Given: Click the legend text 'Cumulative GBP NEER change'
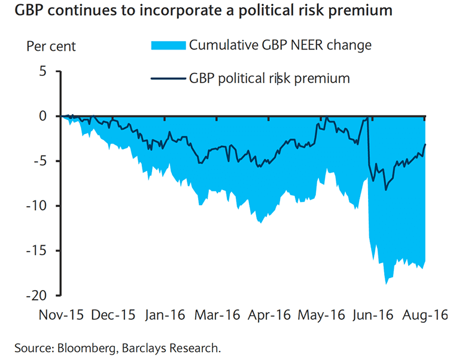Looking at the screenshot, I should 281,45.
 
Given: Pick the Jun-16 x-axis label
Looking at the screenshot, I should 373,315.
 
